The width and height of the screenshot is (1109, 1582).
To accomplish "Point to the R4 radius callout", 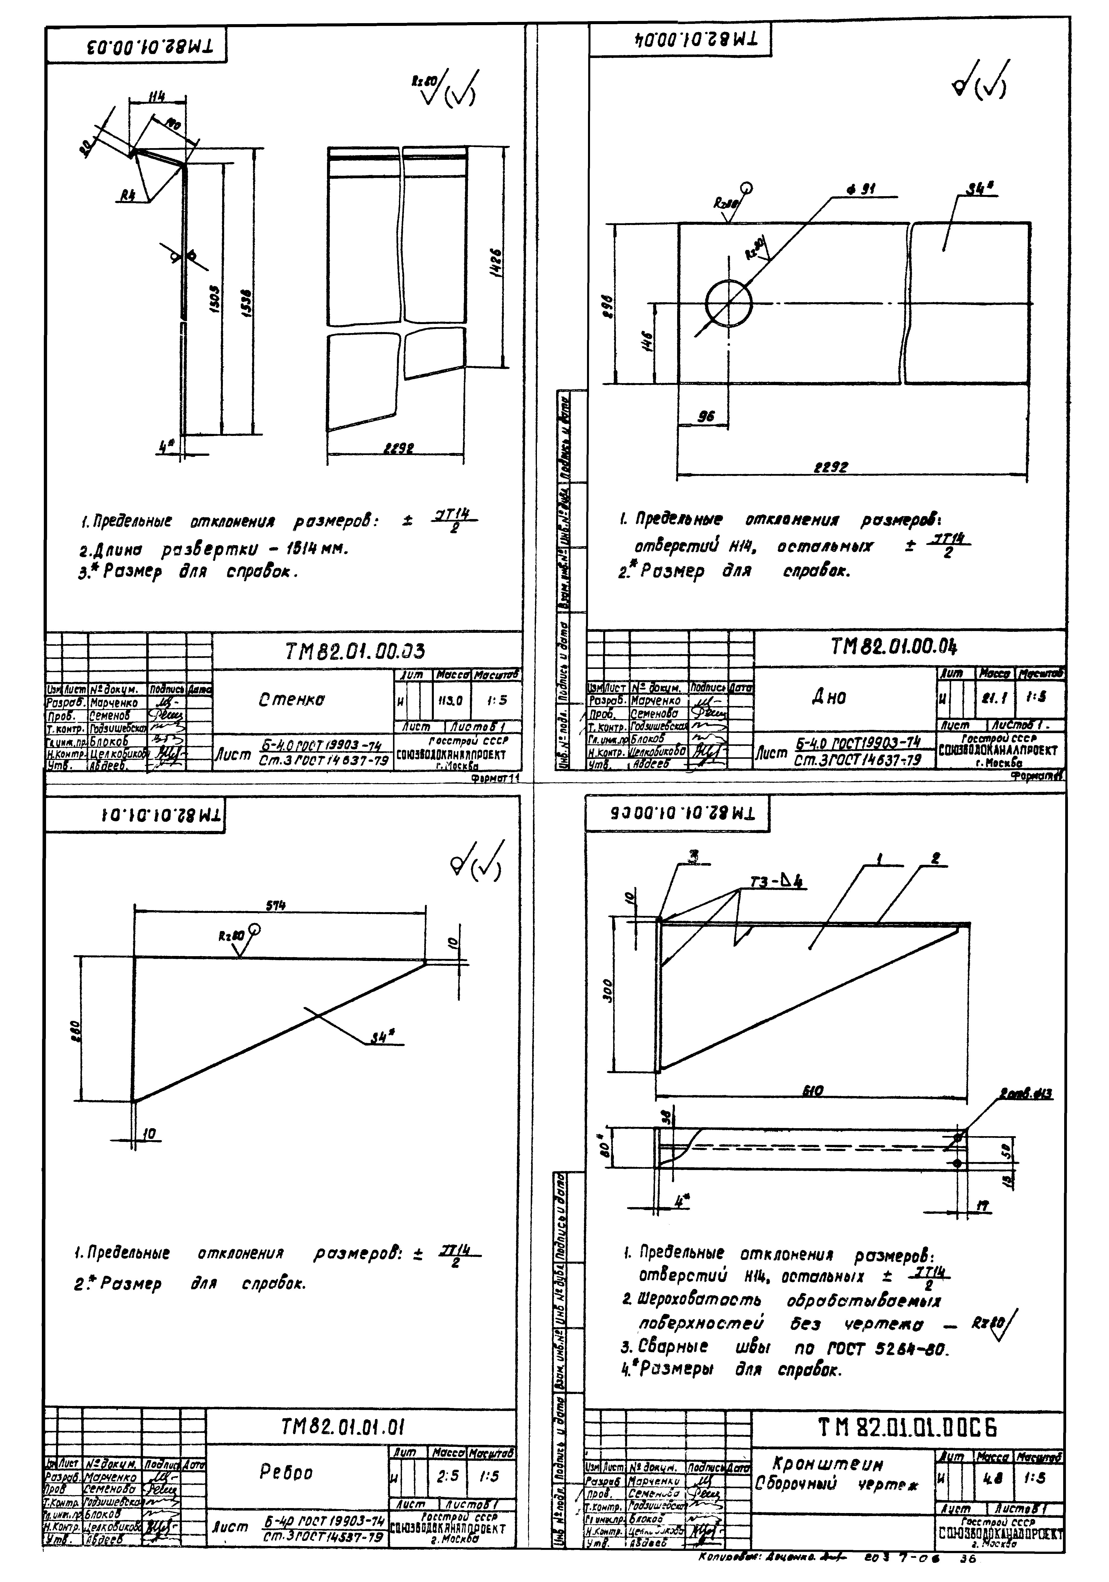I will (128, 195).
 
